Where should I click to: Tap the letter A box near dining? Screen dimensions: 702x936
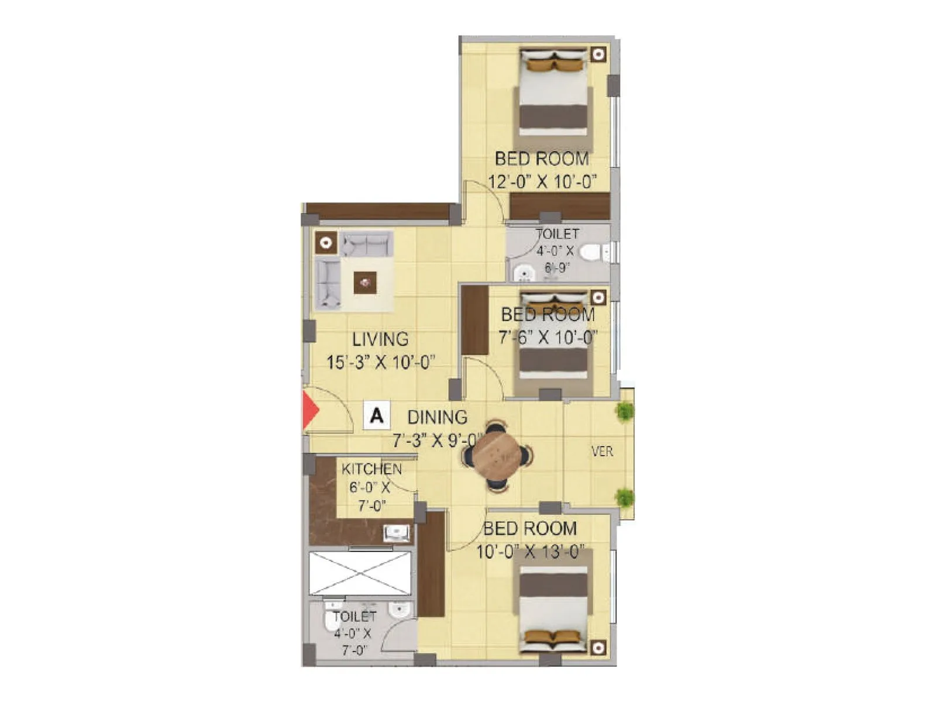pos(376,416)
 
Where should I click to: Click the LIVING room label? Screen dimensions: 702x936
pos(380,339)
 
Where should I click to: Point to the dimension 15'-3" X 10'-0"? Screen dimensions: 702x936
pos(380,363)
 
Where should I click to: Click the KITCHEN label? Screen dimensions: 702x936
pos(371,469)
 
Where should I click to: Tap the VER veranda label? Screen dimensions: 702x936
pos(602,452)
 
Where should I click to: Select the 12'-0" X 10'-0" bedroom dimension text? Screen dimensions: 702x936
pos(542,182)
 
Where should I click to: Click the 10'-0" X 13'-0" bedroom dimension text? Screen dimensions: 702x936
pos(530,552)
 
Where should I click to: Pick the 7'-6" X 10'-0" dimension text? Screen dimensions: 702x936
pos(548,338)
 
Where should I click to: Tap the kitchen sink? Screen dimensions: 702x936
pos(397,533)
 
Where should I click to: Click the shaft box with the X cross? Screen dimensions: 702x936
pos(360,573)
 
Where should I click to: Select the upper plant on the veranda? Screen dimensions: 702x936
pos(625,411)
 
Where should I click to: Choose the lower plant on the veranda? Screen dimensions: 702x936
pos(625,498)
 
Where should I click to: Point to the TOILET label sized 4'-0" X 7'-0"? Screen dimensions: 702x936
pos(355,617)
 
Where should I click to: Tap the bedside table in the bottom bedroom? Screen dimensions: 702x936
pos(597,648)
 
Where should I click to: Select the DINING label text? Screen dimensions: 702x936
pos(437,417)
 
